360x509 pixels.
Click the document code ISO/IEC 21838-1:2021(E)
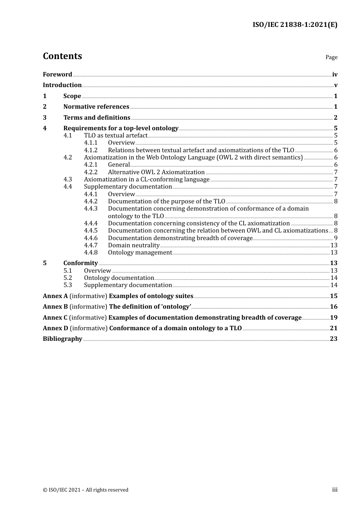(x=295, y=25)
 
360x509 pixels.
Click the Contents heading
(x=63, y=56)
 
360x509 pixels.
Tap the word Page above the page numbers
(x=331, y=57)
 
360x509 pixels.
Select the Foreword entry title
(x=57, y=75)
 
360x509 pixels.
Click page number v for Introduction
(x=335, y=85)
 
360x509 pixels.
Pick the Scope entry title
(x=72, y=96)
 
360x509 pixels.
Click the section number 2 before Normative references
(x=45, y=107)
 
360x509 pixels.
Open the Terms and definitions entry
(x=97, y=118)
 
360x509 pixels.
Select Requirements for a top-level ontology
(x=121, y=128)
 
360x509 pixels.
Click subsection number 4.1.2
(x=91, y=150)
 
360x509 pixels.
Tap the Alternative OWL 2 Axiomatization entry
(x=156, y=172)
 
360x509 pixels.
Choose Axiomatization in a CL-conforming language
(x=147, y=180)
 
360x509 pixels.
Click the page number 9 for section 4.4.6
(x=336, y=238)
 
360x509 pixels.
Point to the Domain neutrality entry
(x=133, y=245)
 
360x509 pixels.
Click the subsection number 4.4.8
(x=91, y=253)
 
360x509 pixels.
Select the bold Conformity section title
(x=80, y=263)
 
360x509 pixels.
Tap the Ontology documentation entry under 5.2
(x=119, y=278)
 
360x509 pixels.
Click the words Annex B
(x=55, y=307)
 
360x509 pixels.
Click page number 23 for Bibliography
(x=333, y=339)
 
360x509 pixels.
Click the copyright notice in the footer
(x=86, y=490)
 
